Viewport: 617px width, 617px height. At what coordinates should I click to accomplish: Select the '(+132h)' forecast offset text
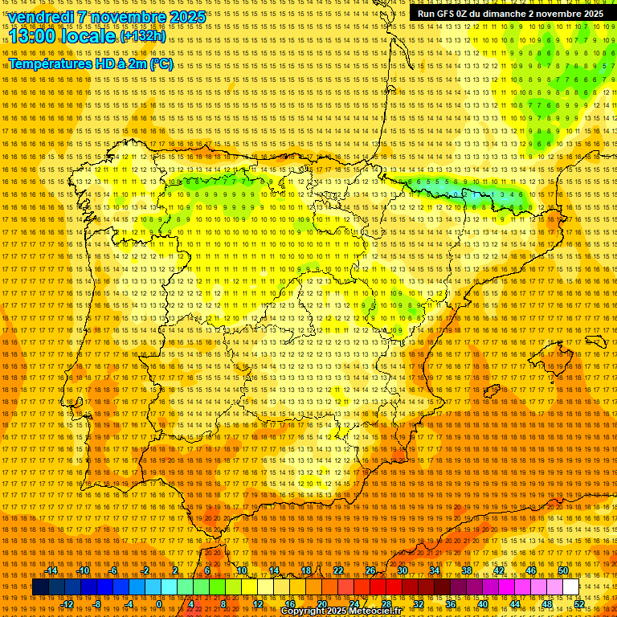pyautogui.click(x=144, y=36)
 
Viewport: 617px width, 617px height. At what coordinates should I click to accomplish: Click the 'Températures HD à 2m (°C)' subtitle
pyautogui.click(x=91, y=63)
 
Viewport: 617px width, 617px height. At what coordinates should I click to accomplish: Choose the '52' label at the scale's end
pyautogui.click(x=579, y=603)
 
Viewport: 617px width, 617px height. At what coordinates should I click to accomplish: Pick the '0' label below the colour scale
pyautogui.click(x=159, y=603)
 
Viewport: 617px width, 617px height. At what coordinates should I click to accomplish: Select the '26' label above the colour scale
pyautogui.click(x=370, y=570)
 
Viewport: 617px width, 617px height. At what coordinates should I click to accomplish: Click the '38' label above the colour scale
pyautogui.click(x=467, y=570)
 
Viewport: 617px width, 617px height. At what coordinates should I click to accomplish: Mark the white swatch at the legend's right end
pyautogui.click(x=571, y=587)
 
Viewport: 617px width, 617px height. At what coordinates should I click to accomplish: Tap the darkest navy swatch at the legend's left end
pyautogui.click(x=40, y=587)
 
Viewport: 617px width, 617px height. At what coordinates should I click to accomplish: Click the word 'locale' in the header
pyautogui.click(x=89, y=37)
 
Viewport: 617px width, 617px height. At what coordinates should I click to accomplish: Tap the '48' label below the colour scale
pyautogui.click(x=547, y=603)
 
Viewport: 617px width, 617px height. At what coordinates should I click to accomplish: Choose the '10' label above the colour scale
pyautogui.click(x=242, y=570)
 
